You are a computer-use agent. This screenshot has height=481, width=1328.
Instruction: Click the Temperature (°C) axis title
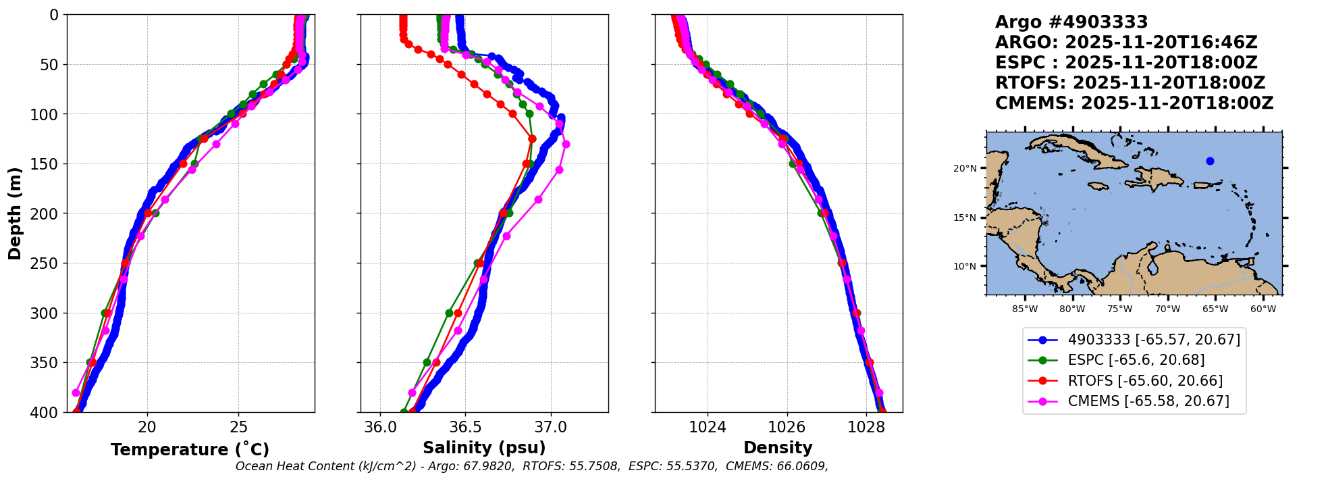pos(190,449)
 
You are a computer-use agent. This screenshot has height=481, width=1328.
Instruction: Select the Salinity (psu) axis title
pos(484,448)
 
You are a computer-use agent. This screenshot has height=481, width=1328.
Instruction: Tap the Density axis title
pos(778,448)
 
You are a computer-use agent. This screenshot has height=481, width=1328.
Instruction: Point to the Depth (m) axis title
pos(15,213)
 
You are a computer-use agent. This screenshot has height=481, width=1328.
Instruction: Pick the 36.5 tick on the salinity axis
pos(465,427)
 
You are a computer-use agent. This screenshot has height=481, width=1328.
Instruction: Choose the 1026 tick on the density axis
pos(787,427)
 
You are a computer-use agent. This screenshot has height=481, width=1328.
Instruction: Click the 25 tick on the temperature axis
pos(239,427)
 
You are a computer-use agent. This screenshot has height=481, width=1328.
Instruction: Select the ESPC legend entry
pos(1136,360)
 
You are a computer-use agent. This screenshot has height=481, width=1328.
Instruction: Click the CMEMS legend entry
pos(1148,401)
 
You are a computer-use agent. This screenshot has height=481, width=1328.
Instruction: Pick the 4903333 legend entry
pos(1154,340)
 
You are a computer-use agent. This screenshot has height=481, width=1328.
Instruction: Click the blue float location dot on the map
pos(1210,161)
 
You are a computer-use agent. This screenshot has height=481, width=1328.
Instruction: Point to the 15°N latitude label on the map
pos(964,218)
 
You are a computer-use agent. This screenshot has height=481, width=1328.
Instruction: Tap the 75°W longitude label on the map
pos(1119,309)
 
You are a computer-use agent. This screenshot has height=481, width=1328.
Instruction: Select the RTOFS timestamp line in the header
pos(1130,83)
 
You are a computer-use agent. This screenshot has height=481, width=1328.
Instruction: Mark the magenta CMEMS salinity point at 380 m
pos(412,393)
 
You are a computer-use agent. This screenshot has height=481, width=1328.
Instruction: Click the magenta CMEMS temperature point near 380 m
pos(76,393)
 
